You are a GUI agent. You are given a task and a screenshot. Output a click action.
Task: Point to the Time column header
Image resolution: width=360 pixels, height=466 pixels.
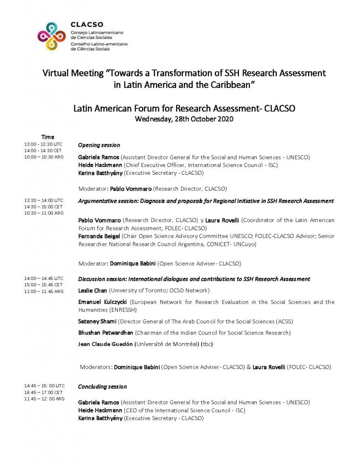[48, 137]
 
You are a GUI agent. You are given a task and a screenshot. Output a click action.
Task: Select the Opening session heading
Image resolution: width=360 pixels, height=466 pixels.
[99, 145]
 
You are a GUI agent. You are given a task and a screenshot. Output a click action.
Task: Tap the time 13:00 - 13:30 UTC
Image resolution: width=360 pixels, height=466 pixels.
[44, 144]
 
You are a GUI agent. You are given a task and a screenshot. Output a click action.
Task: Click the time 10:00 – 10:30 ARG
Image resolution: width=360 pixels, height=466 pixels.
[44, 157]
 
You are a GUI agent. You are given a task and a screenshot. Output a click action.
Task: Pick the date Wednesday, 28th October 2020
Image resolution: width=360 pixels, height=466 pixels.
[184, 119]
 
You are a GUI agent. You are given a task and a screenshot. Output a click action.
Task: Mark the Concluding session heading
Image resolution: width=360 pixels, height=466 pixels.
[102, 386]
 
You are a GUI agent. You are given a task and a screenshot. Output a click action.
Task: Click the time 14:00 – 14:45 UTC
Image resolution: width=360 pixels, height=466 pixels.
[44, 278]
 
